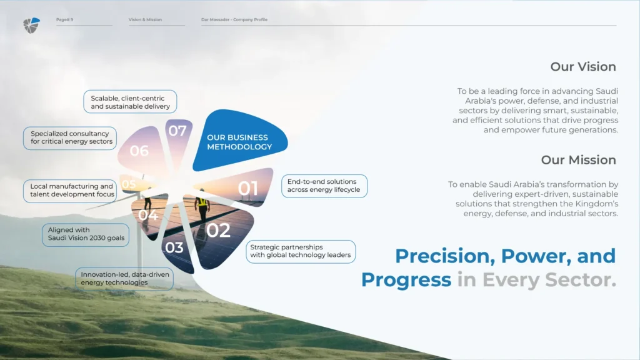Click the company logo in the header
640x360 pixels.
tap(31, 25)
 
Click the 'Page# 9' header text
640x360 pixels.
tap(64, 19)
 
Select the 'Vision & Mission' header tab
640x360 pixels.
tap(145, 19)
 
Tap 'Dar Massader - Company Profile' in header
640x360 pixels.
tap(234, 19)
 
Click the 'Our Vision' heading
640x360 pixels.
tap(583, 66)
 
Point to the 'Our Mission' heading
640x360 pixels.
tap(578, 159)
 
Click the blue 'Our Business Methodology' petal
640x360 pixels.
tap(240, 140)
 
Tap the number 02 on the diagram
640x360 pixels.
tap(218, 231)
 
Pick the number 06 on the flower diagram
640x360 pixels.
tap(139, 151)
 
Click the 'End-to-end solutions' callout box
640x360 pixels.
tap(324, 186)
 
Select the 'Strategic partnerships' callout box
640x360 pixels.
tap(301, 251)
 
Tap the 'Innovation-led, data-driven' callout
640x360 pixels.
tap(124, 279)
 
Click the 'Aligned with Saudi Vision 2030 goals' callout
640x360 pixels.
tap(86, 235)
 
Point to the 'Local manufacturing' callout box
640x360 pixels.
tap(70, 191)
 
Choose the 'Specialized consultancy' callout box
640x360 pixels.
tap(70, 138)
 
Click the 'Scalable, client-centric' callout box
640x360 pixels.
tap(130, 102)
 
